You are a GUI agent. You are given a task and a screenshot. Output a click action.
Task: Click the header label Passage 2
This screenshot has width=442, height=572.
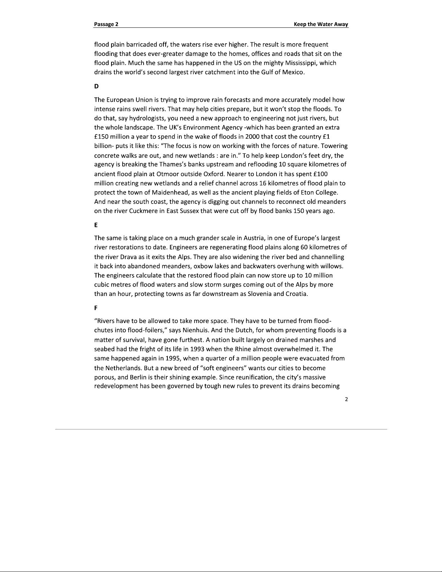(106, 24)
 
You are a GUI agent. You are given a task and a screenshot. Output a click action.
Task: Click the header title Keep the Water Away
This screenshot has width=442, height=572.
(321, 24)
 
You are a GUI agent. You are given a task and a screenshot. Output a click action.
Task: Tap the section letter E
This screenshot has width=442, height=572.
(96, 225)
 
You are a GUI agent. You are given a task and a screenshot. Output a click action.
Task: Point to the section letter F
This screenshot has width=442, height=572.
(96, 308)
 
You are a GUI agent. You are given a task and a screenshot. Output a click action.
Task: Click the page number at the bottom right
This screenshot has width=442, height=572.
(346, 399)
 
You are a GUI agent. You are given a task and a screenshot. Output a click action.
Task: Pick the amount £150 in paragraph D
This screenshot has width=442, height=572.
(101, 137)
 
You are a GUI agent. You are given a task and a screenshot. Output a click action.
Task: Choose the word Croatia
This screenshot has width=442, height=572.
(297, 294)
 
